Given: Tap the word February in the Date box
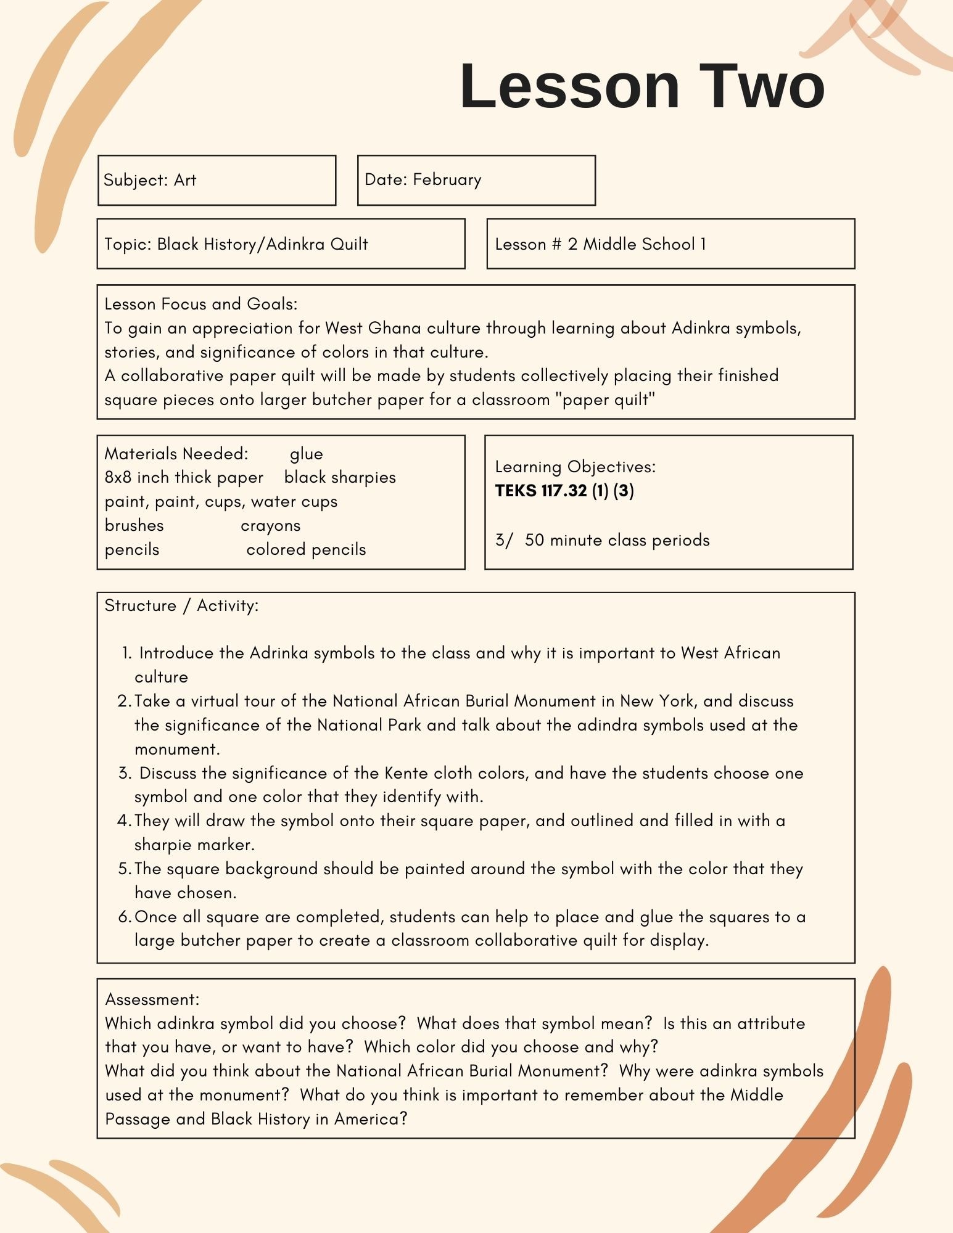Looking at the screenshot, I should coord(447,179).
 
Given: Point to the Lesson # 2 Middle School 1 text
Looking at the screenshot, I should coord(600,244).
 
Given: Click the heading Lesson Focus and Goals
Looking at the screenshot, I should coord(200,304).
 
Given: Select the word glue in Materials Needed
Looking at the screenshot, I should coord(306,454).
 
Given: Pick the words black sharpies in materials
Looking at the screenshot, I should coord(340,477).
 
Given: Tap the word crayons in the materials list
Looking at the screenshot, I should coord(271,525).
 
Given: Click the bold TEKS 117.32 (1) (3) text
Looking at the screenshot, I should coord(564,491).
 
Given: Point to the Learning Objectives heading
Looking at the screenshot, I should coord(575,467).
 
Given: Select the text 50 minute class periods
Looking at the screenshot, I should coord(617,540).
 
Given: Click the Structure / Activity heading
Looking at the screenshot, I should coord(181,605).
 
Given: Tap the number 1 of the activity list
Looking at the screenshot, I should coord(126,653).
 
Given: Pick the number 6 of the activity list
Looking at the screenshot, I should coord(123,917).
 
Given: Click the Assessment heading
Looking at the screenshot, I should coord(152,999).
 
